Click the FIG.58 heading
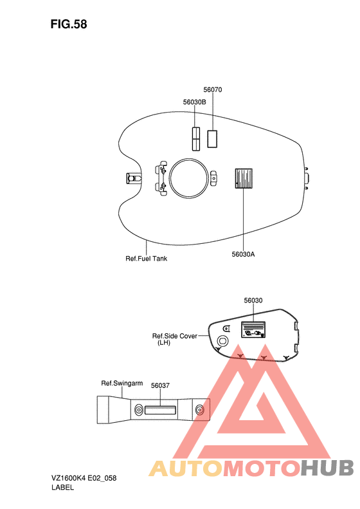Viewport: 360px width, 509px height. tap(69, 24)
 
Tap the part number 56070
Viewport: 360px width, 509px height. tap(213, 89)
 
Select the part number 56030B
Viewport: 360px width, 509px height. tap(194, 102)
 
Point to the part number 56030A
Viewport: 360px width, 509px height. tap(243, 254)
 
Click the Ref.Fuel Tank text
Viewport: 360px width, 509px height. tap(147, 259)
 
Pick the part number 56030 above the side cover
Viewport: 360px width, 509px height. tap(253, 301)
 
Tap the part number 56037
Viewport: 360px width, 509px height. tap(160, 385)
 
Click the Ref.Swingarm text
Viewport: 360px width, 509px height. tap(122, 384)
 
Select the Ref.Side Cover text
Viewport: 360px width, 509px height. tap(174, 336)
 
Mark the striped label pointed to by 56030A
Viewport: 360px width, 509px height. tap(244, 178)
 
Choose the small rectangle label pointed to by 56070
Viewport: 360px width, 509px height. tap(212, 138)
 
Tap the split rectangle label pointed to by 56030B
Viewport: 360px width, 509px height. tap(196, 139)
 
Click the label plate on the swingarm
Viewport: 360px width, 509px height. tap(161, 410)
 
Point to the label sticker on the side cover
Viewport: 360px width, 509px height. tap(253, 329)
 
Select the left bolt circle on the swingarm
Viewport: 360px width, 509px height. tap(139, 410)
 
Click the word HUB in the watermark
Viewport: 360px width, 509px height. tap(327, 468)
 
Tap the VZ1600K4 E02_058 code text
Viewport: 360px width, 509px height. tap(84, 478)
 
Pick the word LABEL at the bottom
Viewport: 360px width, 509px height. tap(62, 487)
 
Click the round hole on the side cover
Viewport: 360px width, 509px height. tap(222, 340)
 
